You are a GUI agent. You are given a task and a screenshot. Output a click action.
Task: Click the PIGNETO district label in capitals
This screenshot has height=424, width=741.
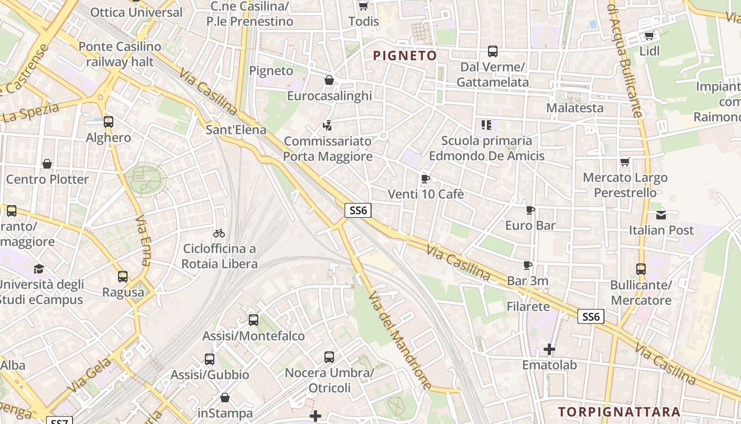tap(405, 56)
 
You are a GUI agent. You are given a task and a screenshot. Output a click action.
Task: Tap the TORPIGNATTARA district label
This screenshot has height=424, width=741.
tap(619, 412)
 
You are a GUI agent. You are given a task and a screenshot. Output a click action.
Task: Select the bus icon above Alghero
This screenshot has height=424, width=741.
tap(109, 122)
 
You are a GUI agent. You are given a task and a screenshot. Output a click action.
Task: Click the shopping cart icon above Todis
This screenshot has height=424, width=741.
tap(363, 6)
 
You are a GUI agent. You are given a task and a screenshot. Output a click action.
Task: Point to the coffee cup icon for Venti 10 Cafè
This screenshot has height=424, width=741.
tap(426, 179)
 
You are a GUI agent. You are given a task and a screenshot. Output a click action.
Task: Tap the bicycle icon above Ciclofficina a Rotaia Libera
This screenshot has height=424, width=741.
tap(219, 233)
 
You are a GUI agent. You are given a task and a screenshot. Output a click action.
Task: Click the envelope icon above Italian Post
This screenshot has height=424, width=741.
tap(661, 215)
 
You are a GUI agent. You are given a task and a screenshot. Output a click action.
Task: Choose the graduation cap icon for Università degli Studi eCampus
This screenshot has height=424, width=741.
tap(39, 269)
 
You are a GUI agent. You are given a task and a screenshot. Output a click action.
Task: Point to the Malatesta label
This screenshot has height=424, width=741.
tap(575, 108)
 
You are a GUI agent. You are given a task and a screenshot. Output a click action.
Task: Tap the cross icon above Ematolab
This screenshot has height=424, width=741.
tap(549, 349)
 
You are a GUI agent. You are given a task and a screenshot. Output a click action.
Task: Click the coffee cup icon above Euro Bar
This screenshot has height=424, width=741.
tap(530, 210)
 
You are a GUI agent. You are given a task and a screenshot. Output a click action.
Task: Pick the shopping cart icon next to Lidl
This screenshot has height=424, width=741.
tap(649, 36)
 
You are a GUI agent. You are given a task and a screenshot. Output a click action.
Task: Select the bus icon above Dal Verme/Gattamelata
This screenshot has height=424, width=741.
tap(492, 51)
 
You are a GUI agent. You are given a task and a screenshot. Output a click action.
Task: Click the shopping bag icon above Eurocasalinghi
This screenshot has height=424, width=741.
tap(329, 80)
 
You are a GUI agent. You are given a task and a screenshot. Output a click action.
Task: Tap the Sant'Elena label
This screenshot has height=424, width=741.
tap(236, 129)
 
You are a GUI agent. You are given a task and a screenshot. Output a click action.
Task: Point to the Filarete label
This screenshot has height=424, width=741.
tap(528, 306)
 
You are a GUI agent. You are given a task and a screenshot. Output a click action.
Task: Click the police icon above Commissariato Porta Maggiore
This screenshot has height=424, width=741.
tap(328, 126)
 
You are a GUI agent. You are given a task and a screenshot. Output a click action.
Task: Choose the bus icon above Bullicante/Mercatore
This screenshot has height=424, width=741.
tap(641, 269)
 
